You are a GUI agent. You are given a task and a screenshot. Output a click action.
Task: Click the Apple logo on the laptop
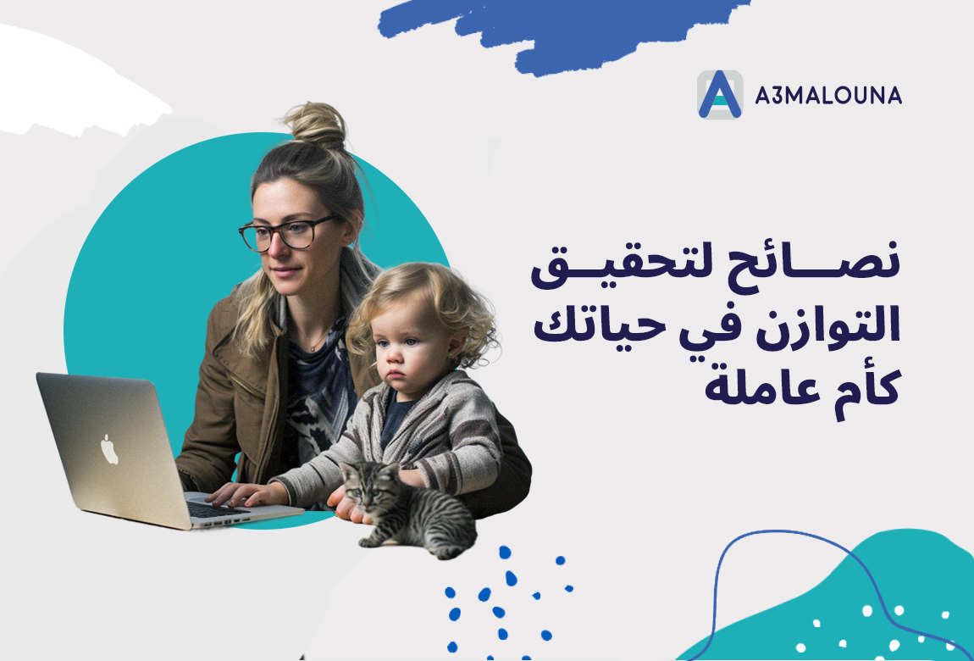point(109,449)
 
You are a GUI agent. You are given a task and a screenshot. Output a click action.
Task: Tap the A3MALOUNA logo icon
point(720,94)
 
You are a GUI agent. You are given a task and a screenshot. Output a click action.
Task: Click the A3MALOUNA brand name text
point(828,95)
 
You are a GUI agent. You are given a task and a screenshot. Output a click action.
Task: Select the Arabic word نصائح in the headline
point(815,264)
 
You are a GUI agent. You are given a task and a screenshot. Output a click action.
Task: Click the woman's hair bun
point(318,125)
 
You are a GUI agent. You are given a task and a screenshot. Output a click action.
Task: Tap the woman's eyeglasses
point(285,233)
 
